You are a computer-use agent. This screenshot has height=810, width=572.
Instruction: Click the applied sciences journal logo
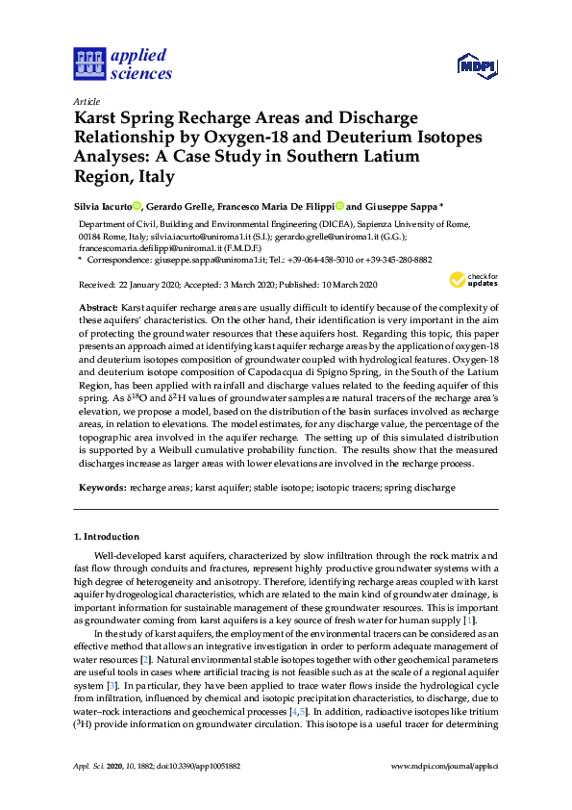point(123,64)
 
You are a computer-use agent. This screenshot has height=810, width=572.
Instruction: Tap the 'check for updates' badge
point(470,281)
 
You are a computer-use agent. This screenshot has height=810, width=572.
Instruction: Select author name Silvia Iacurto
point(103,206)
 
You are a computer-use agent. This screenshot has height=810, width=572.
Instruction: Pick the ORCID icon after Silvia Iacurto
point(137,206)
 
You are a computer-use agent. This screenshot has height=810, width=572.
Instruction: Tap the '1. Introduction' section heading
point(106,535)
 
